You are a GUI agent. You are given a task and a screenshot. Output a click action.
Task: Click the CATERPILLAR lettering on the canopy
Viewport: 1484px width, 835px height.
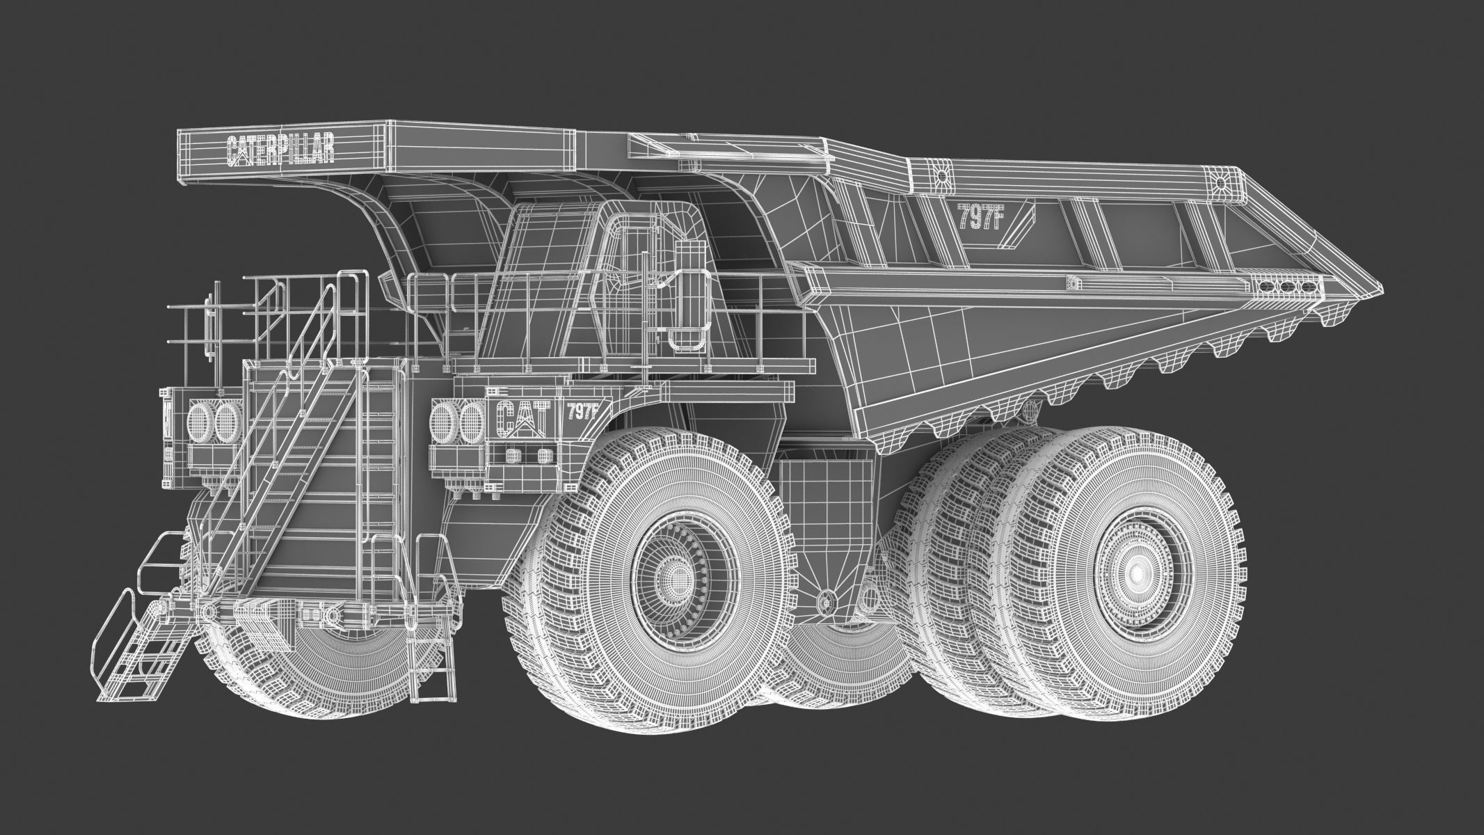(x=280, y=150)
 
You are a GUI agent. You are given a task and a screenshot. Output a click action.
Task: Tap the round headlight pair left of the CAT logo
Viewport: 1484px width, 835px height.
(x=457, y=421)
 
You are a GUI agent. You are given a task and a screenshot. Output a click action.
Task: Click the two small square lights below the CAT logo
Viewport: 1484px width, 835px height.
(x=527, y=456)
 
